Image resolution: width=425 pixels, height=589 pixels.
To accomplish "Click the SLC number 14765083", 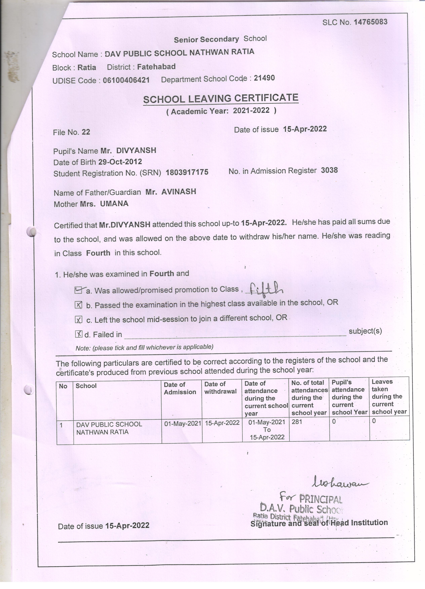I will pos(370,22).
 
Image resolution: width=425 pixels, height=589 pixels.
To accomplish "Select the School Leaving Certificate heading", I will pos(221,99).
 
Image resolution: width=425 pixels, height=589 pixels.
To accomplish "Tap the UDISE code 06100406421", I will pos(126,80).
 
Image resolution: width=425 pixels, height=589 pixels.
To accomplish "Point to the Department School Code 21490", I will pos(264,78).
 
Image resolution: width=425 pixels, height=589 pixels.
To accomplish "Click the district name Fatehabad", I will pos(156,67).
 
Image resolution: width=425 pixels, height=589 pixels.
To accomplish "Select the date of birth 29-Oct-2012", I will pos(120,162).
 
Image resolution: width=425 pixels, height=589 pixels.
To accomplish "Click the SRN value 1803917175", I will pos(187,172).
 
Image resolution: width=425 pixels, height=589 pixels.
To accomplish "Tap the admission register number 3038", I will pos(329,170).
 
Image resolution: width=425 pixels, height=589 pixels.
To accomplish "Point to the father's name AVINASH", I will pos(179,192).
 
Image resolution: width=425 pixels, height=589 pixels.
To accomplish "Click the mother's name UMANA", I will pos(114,204).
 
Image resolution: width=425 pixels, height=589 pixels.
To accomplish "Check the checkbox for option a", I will pos(78,290).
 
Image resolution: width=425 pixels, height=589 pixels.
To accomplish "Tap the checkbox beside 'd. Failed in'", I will pos(79,334).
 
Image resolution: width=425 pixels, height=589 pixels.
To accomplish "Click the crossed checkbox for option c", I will pos(79,320).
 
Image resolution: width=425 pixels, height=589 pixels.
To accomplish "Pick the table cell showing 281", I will pos(297,422).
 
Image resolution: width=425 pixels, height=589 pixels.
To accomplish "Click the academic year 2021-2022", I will pos(251,111).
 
